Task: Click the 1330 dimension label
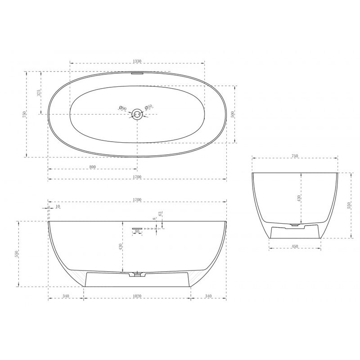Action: tap(137, 61)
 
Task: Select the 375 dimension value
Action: tap(39, 92)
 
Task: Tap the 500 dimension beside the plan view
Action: tap(233, 114)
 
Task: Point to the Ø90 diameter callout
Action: tap(123, 108)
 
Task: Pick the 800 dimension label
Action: tap(92, 166)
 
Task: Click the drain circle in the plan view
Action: tap(137, 114)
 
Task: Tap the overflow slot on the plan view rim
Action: tap(137, 73)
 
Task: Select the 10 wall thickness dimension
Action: tap(58, 207)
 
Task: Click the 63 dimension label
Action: tap(160, 214)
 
